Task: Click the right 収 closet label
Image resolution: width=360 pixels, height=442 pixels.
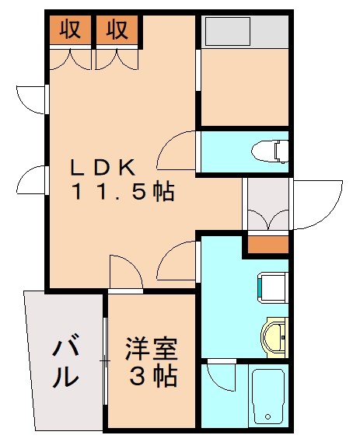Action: [x=117, y=30]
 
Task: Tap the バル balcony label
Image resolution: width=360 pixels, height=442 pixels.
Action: [x=66, y=361]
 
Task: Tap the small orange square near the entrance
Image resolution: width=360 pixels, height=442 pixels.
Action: [x=267, y=245]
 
